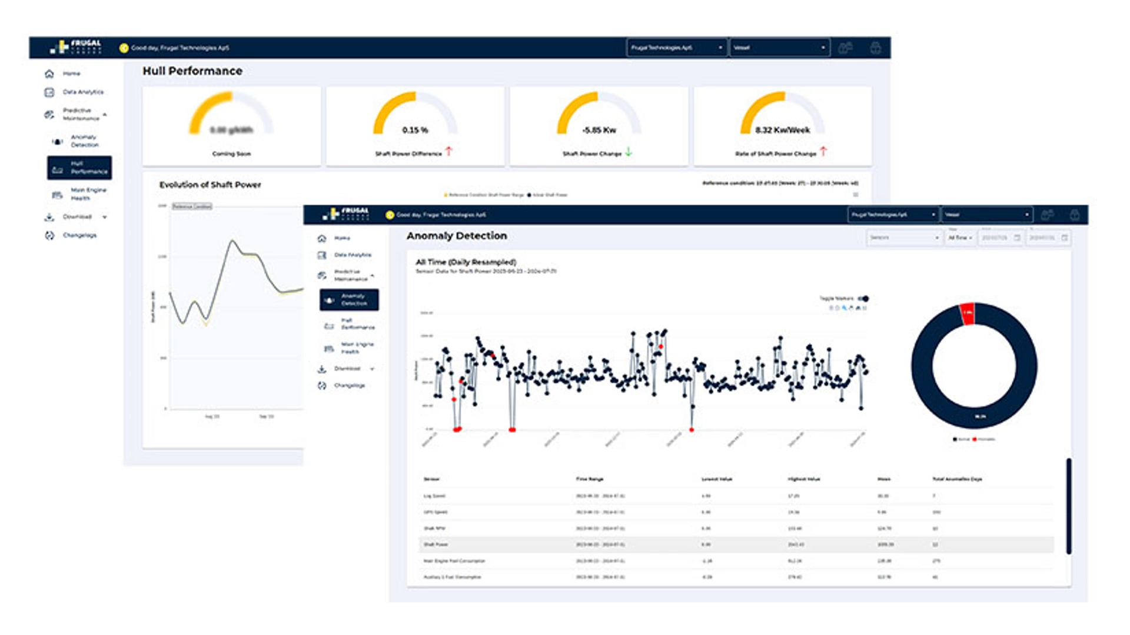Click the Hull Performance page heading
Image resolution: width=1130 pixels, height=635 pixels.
coord(192,71)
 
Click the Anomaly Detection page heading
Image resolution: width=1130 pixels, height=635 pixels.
coord(457,236)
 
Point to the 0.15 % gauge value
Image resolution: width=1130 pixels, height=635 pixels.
coord(415,130)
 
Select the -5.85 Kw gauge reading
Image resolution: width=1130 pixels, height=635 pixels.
coord(599,130)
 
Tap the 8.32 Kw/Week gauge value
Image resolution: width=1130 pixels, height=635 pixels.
coord(783,130)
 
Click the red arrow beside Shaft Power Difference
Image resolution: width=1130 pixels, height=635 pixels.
coord(449,152)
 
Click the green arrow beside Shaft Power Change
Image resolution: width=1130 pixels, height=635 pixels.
coord(629,152)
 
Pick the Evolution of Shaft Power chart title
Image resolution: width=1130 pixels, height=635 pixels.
coord(210,185)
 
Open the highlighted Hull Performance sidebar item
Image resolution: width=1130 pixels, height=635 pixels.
coord(79,168)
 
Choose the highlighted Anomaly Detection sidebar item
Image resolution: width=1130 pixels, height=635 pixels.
coord(349,300)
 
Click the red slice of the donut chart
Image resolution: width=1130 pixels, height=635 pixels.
coord(967,313)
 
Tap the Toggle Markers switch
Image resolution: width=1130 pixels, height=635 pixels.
coord(863,299)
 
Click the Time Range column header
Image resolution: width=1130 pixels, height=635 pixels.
coord(589,479)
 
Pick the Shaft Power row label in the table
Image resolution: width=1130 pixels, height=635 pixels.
coord(436,545)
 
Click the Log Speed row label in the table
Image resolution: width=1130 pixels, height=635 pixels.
coord(434,496)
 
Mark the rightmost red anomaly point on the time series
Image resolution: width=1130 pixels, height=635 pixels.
coord(692,430)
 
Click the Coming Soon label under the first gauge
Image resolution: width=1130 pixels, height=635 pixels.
coord(231,154)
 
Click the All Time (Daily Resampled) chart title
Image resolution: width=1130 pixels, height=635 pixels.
coord(466,262)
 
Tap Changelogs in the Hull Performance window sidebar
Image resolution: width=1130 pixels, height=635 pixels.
coord(79,235)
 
